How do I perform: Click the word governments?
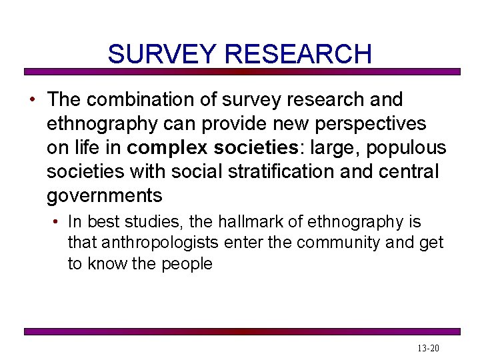(x=105, y=196)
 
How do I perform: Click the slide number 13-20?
(x=427, y=348)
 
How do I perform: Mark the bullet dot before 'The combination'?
(x=32, y=100)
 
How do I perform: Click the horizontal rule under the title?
(x=242, y=71)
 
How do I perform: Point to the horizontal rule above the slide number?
(x=242, y=331)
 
